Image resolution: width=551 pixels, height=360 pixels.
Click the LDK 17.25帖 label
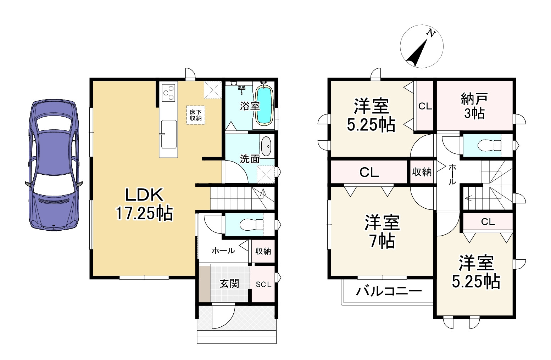144,204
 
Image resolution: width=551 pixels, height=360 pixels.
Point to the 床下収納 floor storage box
196,115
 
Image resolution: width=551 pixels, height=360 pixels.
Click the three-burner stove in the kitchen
168,92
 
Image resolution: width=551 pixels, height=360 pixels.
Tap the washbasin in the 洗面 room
266,146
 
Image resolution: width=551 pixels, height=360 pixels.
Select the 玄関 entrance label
229,284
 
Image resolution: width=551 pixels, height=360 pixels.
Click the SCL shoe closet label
263,284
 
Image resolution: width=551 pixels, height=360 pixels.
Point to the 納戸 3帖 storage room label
474,106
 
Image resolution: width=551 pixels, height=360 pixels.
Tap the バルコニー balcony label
389,292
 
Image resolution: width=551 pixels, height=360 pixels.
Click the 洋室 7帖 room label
382,231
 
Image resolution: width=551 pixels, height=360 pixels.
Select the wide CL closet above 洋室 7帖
368,172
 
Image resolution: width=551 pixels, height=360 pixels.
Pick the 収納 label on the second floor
422,172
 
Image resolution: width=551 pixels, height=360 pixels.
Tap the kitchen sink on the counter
169,134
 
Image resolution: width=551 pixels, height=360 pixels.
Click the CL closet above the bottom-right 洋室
488,222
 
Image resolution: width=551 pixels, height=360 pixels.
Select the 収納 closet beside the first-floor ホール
263,251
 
